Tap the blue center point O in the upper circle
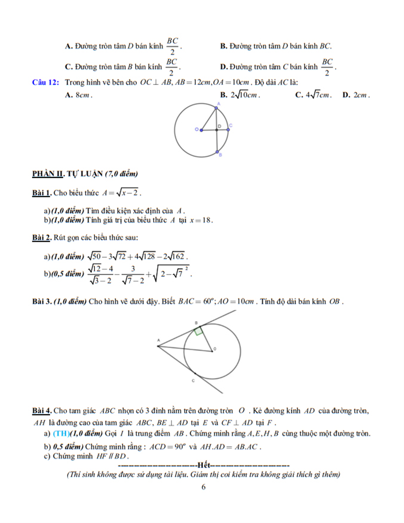click(x=201, y=130)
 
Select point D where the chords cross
click(x=217, y=129)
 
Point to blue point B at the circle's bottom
click(x=217, y=151)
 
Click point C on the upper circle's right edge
click(x=228, y=129)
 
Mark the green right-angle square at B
click(x=198, y=331)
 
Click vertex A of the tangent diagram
click(x=158, y=346)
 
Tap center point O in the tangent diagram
click(x=212, y=351)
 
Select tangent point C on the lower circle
click(x=195, y=373)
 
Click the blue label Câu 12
click(x=45, y=83)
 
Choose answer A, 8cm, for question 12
click(x=79, y=95)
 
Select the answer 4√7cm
click(x=313, y=95)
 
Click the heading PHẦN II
click(x=48, y=174)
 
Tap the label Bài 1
click(x=42, y=193)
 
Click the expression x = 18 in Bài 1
click(x=201, y=220)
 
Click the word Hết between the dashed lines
click(x=204, y=465)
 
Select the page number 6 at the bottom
click(x=204, y=487)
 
